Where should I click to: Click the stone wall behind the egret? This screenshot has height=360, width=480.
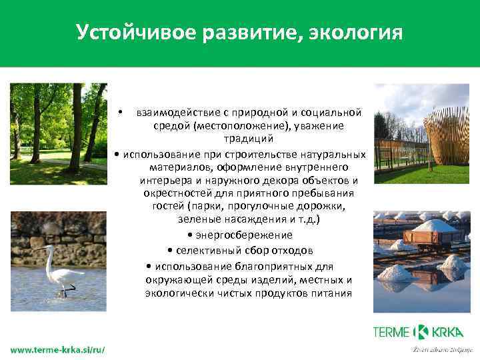click(x=59, y=230)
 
